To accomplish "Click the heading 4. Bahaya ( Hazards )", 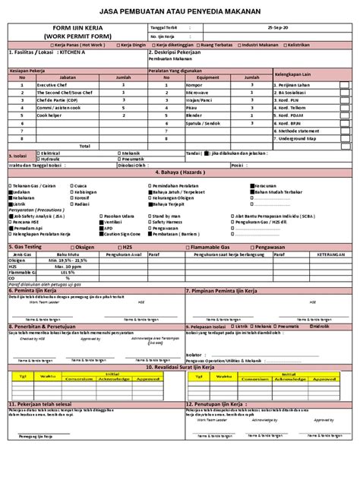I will click(x=180, y=172).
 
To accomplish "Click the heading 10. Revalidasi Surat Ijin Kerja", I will click(x=180, y=366).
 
